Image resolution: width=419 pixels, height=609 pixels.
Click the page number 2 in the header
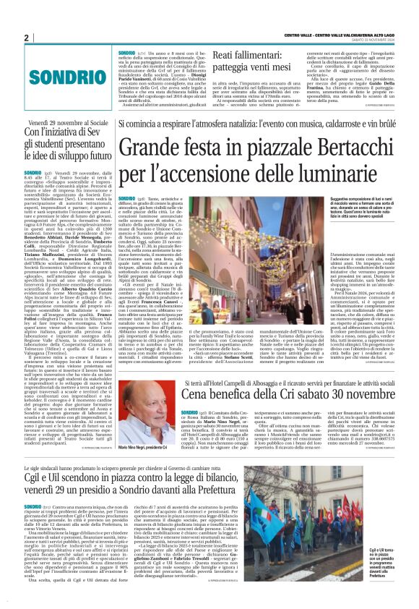coord(26,38)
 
